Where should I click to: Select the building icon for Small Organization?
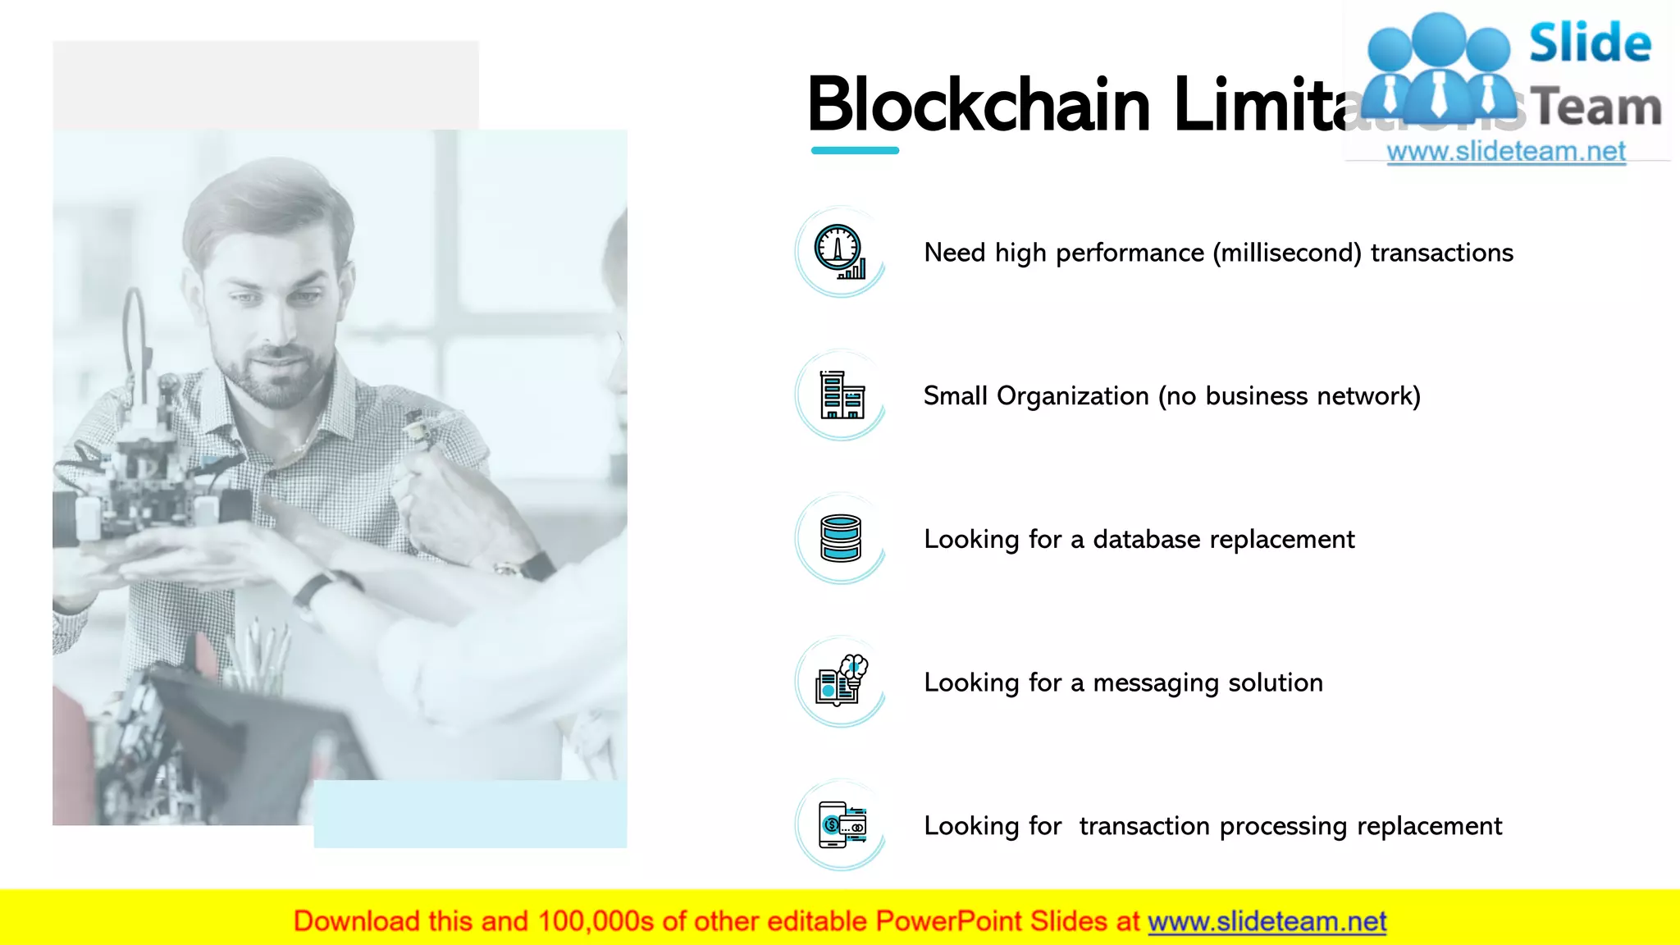(x=842, y=395)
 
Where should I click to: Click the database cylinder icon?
(x=841, y=538)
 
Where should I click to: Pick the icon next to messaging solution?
(x=841, y=681)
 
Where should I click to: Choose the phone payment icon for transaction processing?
(x=842, y=824)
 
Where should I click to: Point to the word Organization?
(x=1072, y=396)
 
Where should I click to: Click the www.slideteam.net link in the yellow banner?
(x=1267, y=921)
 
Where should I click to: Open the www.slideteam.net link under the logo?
(x=1506, y=152)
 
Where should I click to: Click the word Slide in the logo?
(x=1590, y=43)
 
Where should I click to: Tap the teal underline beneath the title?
(x=855, y=150)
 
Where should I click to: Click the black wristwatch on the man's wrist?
(x=316, y=590)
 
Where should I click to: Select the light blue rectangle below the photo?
(x=470, y=814)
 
